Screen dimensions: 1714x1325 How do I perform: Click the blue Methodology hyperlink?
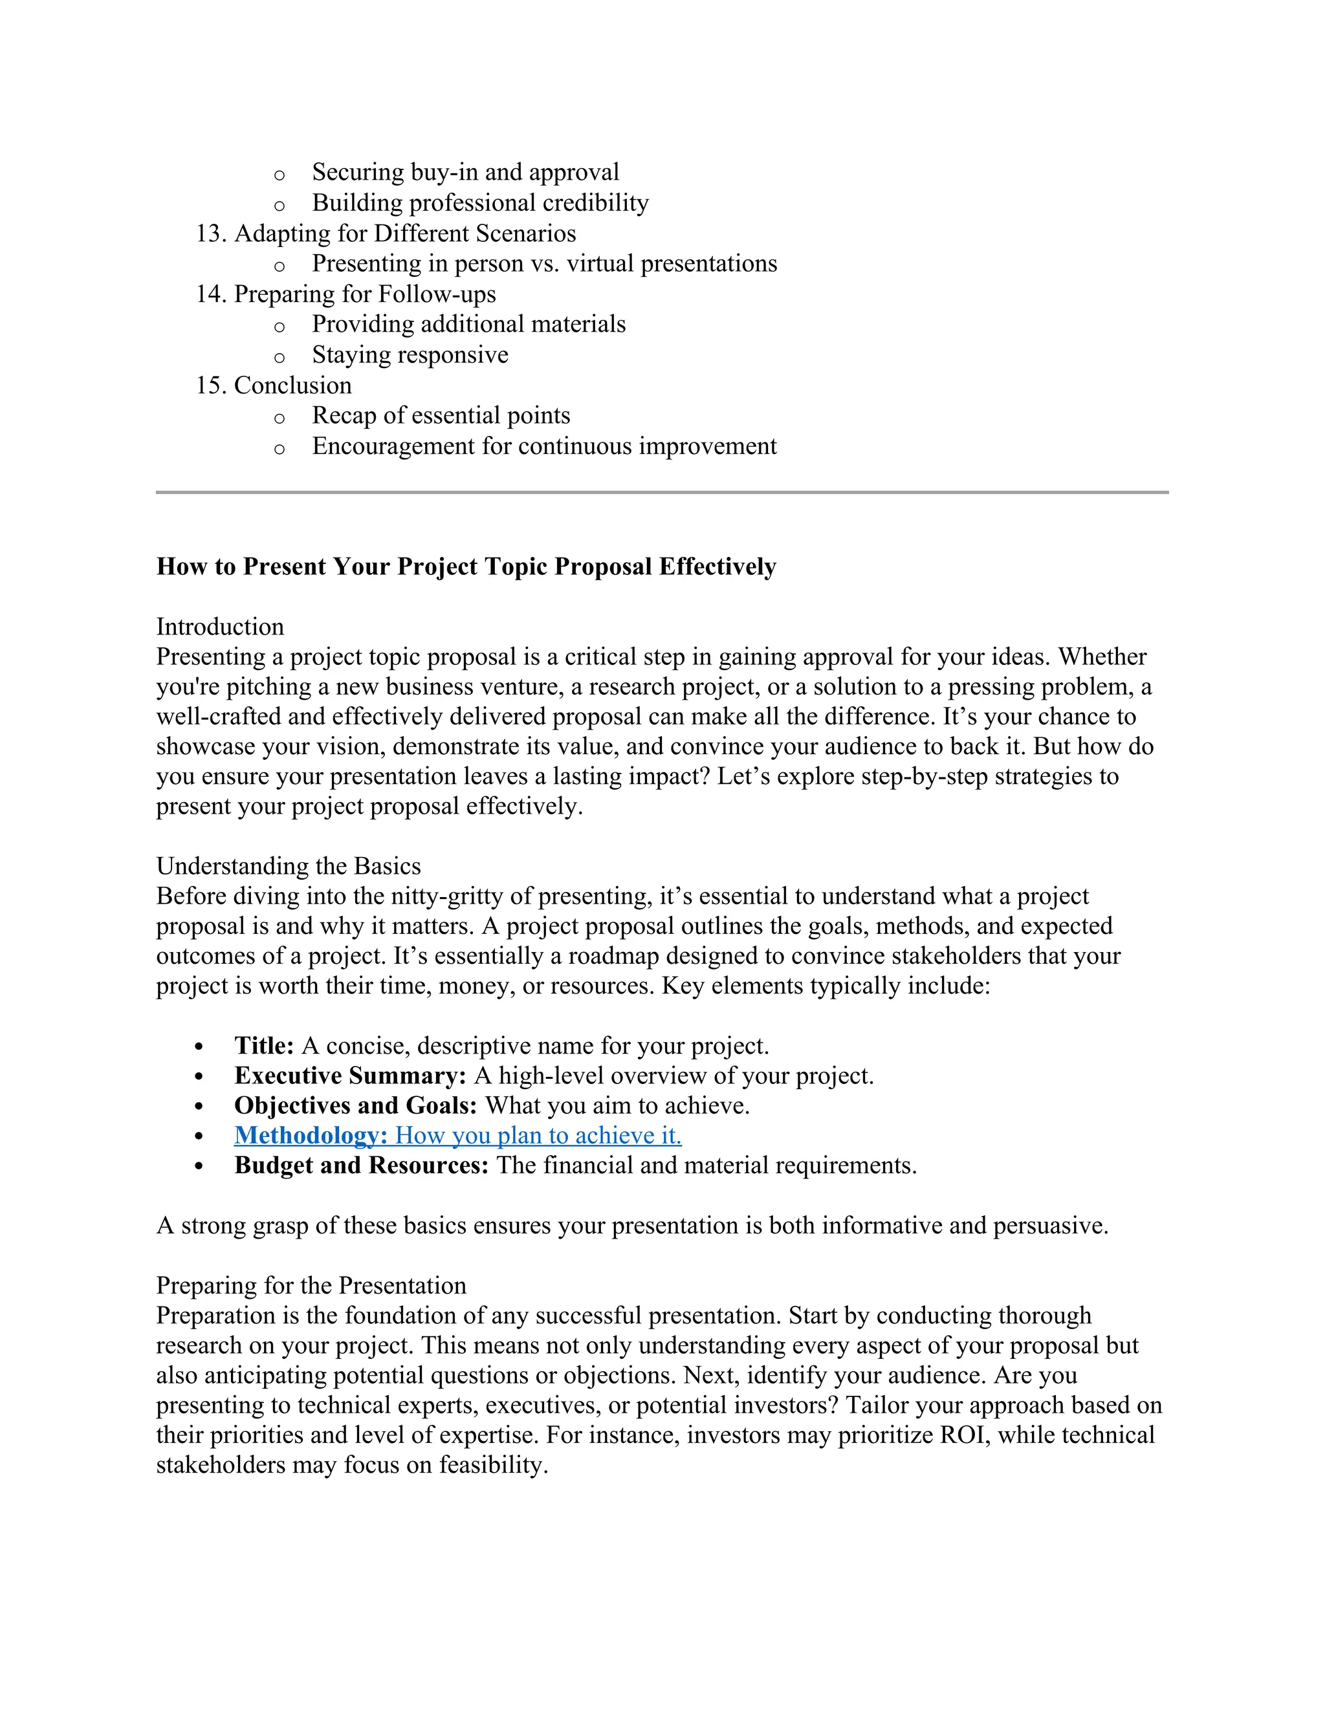click(x=457, y=1136)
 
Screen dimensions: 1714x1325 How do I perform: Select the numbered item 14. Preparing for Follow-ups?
click(x=345, y=294)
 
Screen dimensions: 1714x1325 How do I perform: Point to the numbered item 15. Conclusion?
click(x=273, y=385)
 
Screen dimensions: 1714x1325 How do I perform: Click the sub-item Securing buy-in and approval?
click(x=465, y=172)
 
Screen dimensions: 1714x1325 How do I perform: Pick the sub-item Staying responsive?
click(x=410, y=354)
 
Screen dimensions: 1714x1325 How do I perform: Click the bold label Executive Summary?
click(x=350, y=1075)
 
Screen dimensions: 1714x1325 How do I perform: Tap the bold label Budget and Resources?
click(x=361, y=1166)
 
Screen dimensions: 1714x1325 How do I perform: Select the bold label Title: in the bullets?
click(x=264, y=1045)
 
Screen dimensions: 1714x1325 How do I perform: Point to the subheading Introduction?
click(x=220, y=626)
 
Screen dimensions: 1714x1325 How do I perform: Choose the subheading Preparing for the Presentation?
click(x=311, y=1286)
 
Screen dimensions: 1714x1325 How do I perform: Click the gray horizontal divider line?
click(x=662, y=492)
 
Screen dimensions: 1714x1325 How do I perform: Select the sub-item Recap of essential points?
click(x=441, y=415)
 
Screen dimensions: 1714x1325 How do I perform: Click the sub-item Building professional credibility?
click(x=481, y=202)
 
